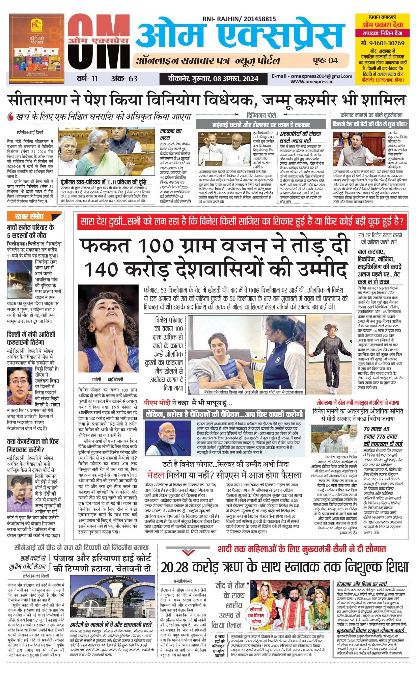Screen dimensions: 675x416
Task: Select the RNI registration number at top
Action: [239, 20]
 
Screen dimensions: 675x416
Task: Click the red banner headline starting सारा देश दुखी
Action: [242, 222]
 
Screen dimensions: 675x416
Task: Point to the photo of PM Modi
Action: [168, 438]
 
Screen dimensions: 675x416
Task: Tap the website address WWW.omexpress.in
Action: [312, 81]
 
